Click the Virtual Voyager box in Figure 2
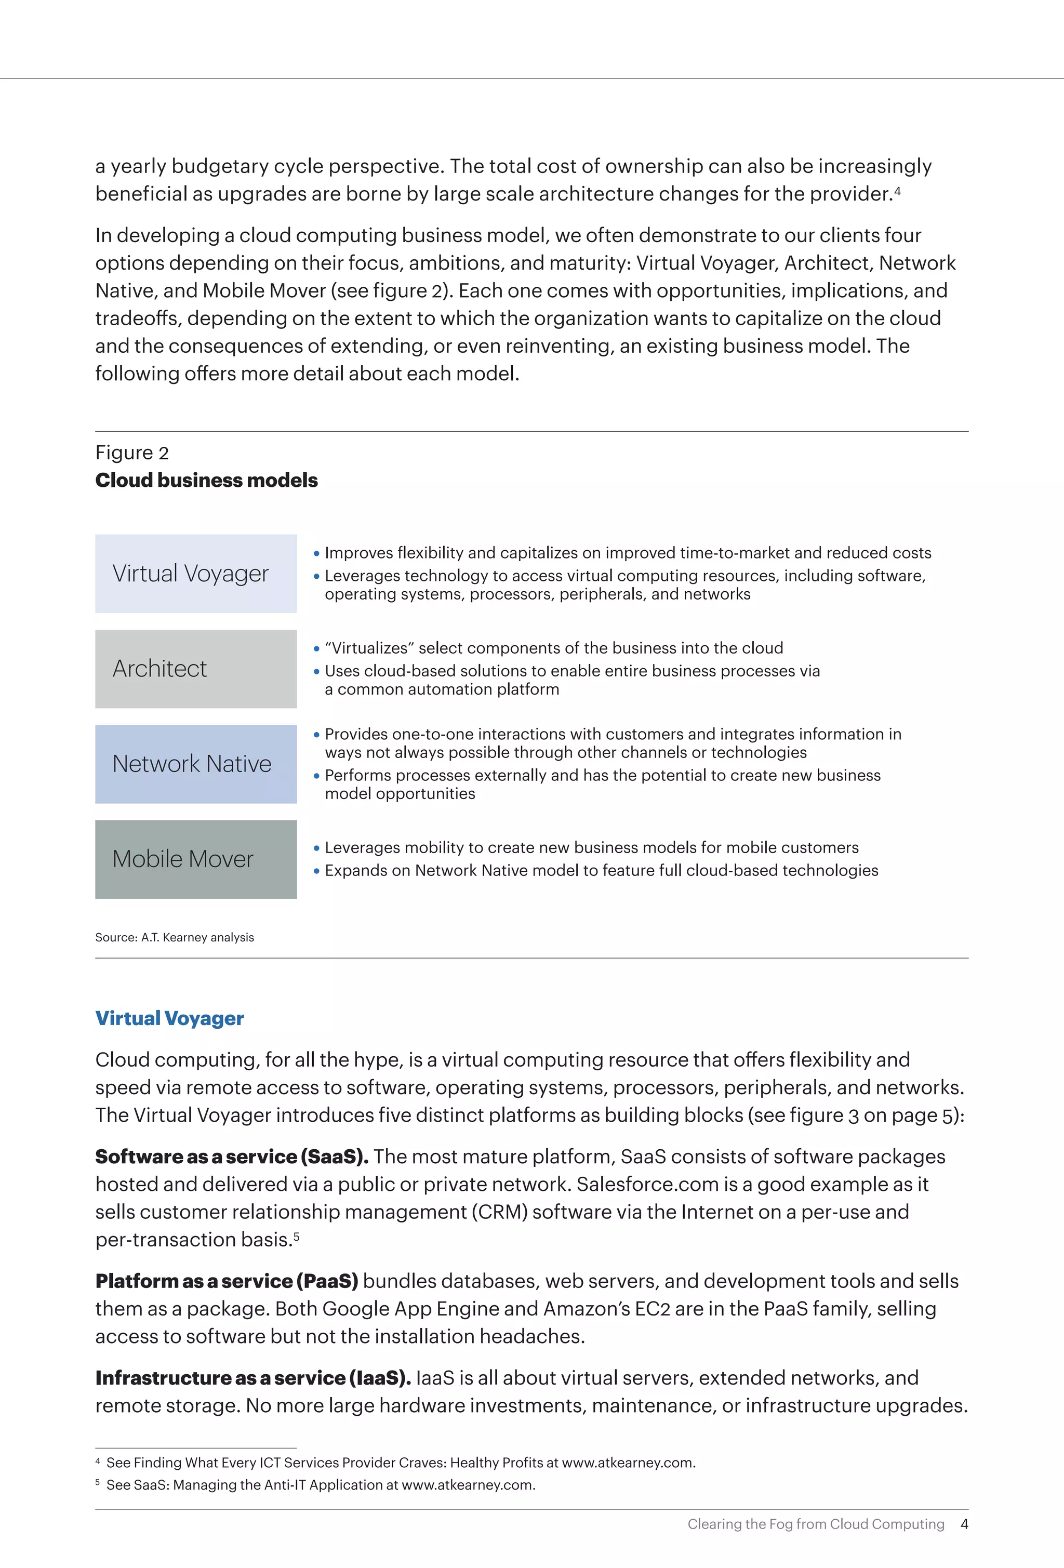196,574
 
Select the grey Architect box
196,669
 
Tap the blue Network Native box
196,764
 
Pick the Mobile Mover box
196,859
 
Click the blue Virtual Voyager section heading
169,1018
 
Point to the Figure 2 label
132,453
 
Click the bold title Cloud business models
206,481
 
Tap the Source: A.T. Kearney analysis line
175,937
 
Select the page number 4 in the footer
964,1524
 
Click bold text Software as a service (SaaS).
231,1157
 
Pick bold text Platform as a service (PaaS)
227,1281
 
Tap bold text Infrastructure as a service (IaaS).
253,1378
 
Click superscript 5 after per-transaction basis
296,1235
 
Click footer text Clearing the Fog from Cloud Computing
816,1524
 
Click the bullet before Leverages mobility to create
316,848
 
